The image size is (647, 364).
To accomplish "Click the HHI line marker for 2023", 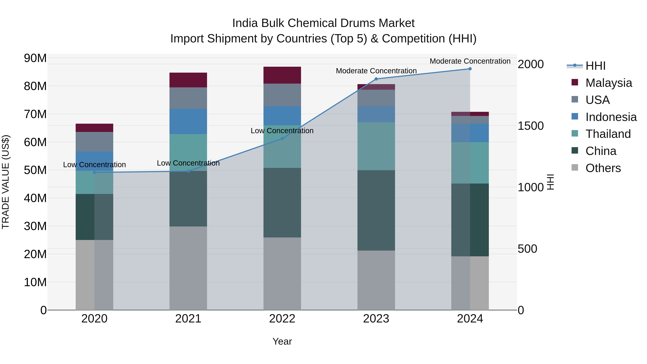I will pos(376,79).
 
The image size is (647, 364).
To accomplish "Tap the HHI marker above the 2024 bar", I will pos(470,69).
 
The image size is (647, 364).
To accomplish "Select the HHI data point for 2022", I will pos(282,138).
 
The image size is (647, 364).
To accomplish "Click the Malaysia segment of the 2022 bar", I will pos(282,75).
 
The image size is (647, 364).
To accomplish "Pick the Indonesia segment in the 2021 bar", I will pos(188,121).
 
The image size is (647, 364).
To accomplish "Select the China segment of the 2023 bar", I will pos(376,210).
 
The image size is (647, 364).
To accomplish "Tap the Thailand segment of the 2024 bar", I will pos(470,163).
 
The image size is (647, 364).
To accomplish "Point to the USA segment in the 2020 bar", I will pos(94,142).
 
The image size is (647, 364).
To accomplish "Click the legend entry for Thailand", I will pos(608,134).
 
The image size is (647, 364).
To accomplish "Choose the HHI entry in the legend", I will pos(595,66).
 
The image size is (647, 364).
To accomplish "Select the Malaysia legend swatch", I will pos(575,82).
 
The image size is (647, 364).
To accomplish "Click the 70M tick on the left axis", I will pos(35,114).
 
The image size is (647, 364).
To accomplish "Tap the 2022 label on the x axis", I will pos(282,319).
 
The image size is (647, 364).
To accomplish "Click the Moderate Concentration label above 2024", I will pos(470,61).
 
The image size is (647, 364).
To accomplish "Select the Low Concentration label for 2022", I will pos(282,131).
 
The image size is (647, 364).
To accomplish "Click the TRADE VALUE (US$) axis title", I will pos(6,182).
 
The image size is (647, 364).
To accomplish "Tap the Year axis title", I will pos(282,341).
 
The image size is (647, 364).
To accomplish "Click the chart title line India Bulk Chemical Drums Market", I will pos(323,23).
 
